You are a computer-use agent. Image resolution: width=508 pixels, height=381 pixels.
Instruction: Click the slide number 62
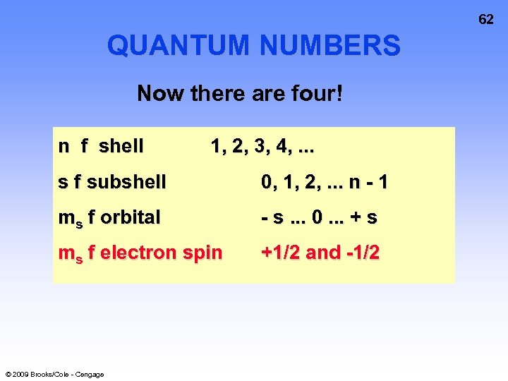click(x=486, y=20)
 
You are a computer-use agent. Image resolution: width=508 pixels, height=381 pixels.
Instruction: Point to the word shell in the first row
click(x=121, y=146)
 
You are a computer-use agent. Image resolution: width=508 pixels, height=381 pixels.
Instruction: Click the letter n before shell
click(x=64, y=147)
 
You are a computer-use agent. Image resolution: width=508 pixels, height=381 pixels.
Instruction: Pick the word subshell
click(x=127, y=182)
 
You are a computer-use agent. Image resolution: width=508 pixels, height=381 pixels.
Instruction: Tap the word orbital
click(x=131, y=217)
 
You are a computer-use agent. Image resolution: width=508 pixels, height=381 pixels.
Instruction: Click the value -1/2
click(x=363, y=252)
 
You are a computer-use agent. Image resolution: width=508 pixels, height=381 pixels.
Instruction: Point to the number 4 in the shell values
click(x=283, y=147)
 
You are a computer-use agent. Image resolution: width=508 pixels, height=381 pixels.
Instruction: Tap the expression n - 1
click(x=368, y=182)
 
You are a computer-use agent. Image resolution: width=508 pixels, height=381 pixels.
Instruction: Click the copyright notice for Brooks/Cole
click(x=54, y=374)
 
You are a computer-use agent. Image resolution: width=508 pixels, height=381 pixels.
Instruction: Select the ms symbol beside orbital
click(x=70, y=218)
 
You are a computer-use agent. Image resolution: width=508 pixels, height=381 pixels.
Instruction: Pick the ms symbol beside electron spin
click(x=70, y=253)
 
